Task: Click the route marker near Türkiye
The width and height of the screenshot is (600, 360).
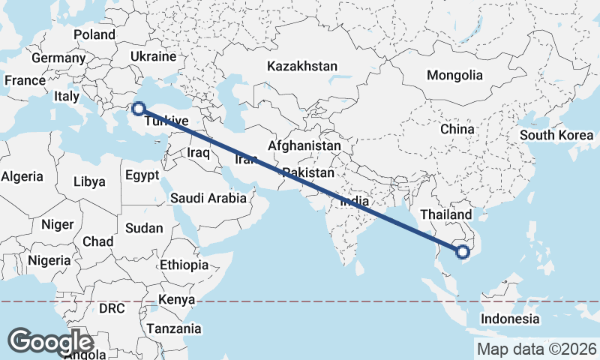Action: click(138, 109)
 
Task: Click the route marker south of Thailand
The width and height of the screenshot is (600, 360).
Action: click(463, 252)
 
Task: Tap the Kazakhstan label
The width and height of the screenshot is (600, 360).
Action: click(302, 66)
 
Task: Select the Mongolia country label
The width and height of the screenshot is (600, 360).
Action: click(454, 75)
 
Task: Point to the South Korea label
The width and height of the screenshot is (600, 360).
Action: click(556, 135)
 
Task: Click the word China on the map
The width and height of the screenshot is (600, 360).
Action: click(457, 129)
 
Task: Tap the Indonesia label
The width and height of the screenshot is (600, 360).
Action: click(510, 319)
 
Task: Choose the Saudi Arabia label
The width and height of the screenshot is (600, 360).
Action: click(208, 198)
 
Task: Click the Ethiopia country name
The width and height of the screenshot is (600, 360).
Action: click(184, 265)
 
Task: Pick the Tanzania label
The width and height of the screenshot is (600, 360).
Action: click(174, 328)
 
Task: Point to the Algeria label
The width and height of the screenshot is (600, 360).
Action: click(22, 177)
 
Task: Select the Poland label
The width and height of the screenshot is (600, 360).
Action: click(94, 34)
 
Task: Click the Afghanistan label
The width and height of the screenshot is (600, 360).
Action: click(304, 145)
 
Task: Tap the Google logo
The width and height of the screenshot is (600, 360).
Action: click(51, 342)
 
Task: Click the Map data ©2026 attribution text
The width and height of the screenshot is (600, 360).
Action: click(536, 349)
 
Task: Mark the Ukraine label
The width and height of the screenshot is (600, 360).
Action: click(153, 56)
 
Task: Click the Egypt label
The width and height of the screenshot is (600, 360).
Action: click(142, 175)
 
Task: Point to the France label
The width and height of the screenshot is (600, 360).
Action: click(25, 80)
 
